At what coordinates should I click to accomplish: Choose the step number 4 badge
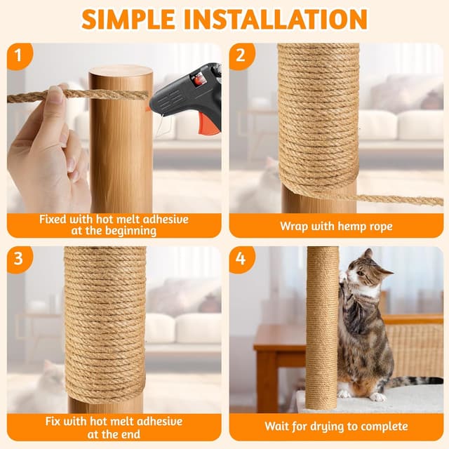tap(241, 259)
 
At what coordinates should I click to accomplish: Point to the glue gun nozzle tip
tap(149, 107)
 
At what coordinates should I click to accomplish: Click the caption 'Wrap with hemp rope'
tap(336, 226)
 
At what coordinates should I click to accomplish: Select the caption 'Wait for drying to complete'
tap(336, 426)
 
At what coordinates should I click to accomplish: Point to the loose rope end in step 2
tap(421, 200)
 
